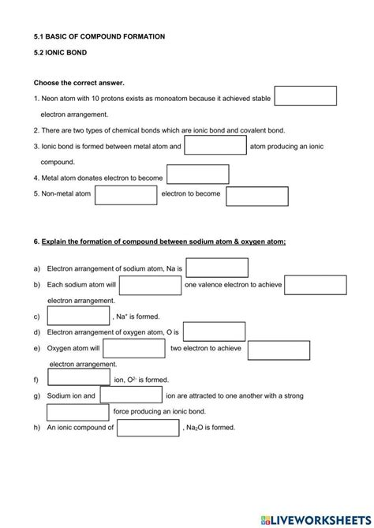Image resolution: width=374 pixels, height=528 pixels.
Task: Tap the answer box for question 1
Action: pos(305,96)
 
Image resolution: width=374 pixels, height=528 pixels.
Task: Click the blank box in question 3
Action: pos(215,145)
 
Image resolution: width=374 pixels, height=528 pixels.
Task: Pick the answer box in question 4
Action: pos(198,175)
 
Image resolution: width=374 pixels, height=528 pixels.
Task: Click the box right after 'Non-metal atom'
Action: pos(126,195)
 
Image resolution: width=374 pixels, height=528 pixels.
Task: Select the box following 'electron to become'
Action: pos(257,195)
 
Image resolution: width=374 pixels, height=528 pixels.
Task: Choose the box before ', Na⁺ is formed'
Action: pos(78,316)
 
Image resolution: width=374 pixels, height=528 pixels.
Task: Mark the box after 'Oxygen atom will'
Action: pos(133,349)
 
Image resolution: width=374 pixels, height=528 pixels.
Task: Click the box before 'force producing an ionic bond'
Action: pos(78,412)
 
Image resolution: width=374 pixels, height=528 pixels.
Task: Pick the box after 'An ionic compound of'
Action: pos(148,428)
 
